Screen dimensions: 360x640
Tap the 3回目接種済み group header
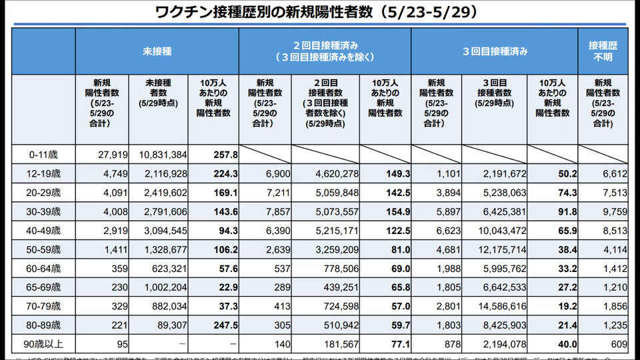click(x=495, y=51)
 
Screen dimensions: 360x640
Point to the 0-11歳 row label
click(x=43, y=155)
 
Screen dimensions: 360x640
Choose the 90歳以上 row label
click(x=43, y=345)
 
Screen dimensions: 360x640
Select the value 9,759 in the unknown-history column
click(x=614, y=212)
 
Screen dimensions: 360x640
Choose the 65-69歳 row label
click(x=43, y=288)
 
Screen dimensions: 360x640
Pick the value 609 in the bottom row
click(x=617, y=345)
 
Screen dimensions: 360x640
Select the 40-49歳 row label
click(x=43, y=231)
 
